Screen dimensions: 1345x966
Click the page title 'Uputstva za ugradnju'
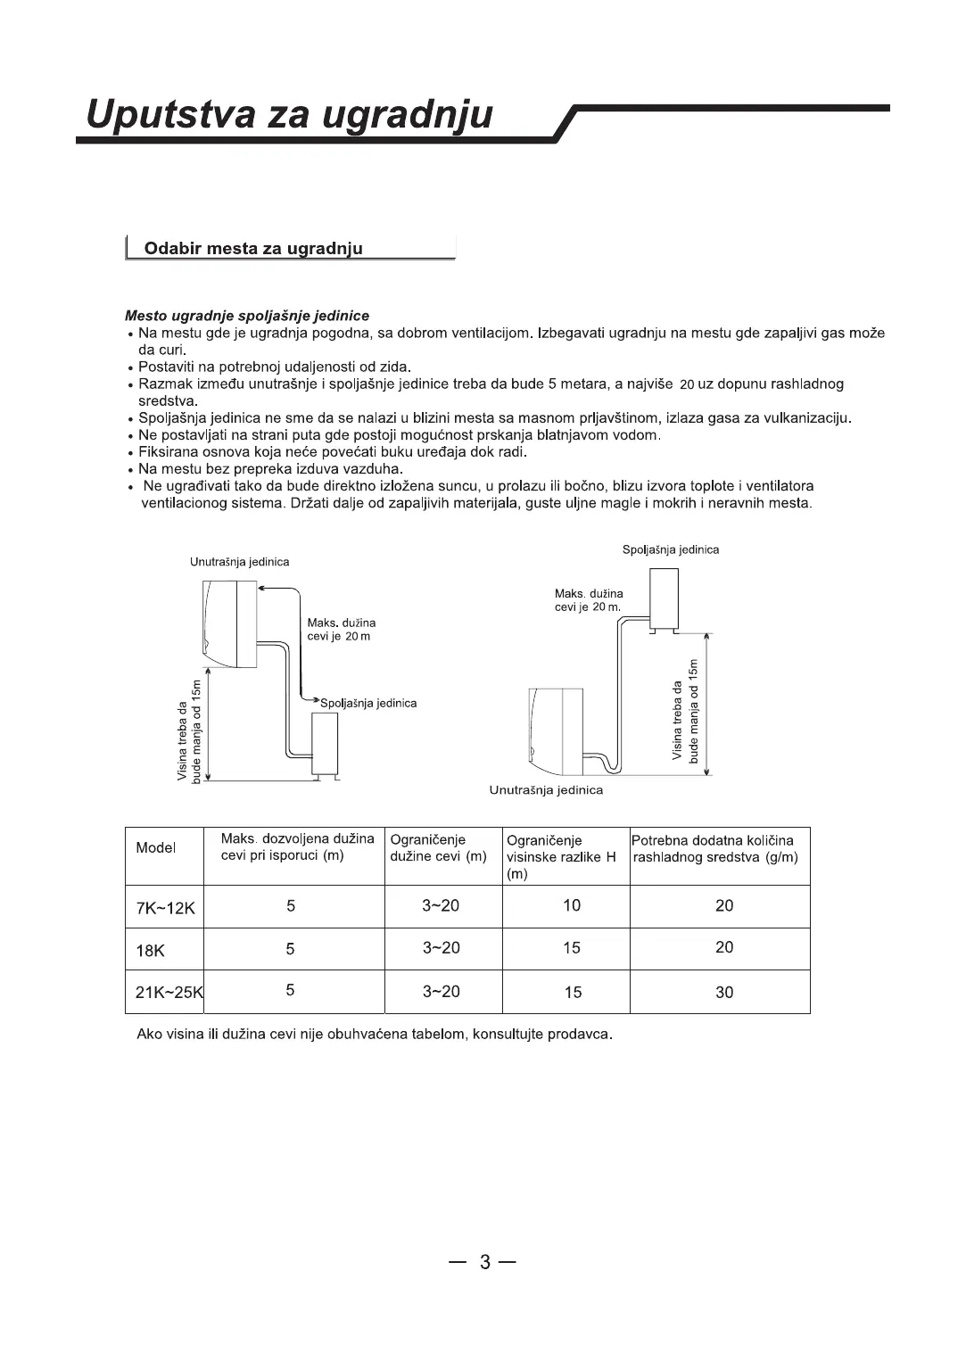coord(289,116)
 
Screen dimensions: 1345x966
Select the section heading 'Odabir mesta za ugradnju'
coord(253,249)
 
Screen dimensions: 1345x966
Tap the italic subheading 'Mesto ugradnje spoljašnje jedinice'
coord(247,316)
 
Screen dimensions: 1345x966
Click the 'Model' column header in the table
coord(155,848)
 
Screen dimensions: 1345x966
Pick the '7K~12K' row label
coord(165,908)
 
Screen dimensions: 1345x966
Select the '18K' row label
coord(150,951)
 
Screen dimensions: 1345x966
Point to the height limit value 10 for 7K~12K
coord(572,906)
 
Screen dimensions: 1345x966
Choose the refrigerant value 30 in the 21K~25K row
coord(724,993)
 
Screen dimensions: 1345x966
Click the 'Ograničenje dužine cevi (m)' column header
coord(439,848)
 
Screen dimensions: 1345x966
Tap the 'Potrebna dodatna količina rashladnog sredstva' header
coord(715,848)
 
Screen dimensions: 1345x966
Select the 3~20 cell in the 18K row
coord(441,948)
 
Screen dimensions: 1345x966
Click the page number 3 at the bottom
coord(484,1262)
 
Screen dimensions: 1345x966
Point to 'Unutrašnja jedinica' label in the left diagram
coord(239,563)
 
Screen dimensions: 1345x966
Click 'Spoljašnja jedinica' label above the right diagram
coord(671,550)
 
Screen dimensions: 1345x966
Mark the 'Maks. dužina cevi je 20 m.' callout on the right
coord(589,600)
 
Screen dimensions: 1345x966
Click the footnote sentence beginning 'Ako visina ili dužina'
coord(375,1036)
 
